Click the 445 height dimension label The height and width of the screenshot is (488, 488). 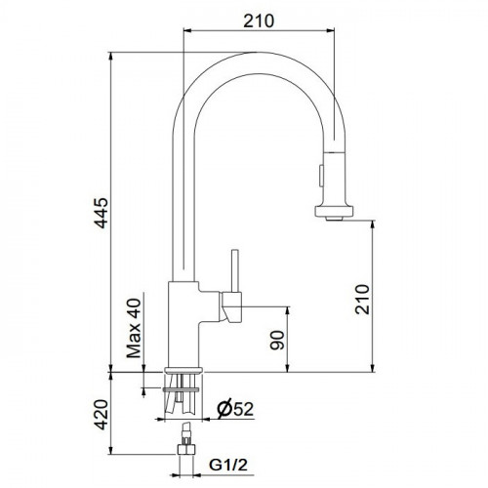coord(101,213)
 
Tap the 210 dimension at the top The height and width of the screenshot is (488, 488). coord(259,20)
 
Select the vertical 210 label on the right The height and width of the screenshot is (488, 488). coord(362,300)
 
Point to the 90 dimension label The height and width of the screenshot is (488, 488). coord(277,341)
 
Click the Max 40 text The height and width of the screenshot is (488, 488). coord(134,328)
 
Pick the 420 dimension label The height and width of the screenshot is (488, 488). coord(101,415)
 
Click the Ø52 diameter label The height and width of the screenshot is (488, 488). coord(235,408)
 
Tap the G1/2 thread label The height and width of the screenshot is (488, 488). coord(228,465)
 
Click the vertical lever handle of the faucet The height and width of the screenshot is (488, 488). coord(235,270)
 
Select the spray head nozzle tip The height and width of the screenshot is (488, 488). coord(334,219)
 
